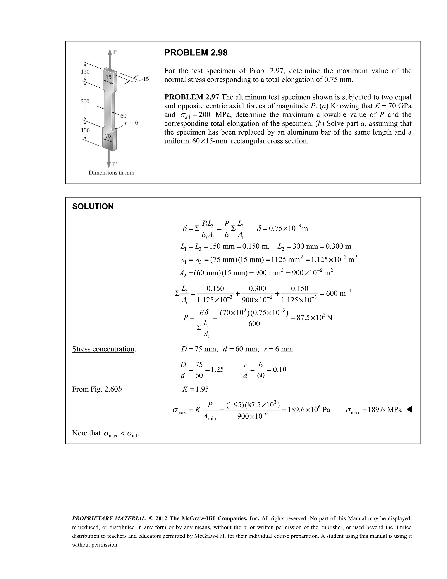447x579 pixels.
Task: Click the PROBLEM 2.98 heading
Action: (196, 53)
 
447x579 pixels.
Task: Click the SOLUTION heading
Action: (93, 206)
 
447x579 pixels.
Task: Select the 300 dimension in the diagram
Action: (85, 101)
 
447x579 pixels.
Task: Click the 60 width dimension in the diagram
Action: (123, 116)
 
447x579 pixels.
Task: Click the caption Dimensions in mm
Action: (111, 173)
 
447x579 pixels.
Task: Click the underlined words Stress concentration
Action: (103, 349)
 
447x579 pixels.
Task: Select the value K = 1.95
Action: (195, 389)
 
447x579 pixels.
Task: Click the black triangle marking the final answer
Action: (409, 410)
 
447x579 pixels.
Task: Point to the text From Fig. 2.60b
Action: (97, 389)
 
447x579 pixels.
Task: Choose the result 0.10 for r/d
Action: (280, 369)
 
